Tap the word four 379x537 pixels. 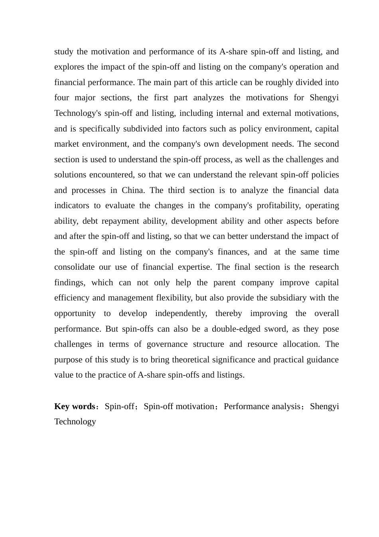coord(61,98)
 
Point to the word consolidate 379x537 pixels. coord(74,267)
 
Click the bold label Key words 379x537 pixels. coord(75,407)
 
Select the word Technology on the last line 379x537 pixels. coord(75,422)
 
